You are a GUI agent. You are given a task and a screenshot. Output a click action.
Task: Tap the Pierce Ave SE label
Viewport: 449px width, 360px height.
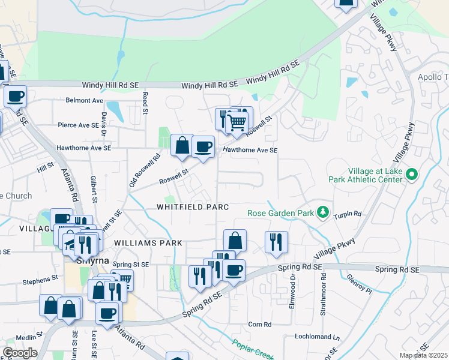point(77,125)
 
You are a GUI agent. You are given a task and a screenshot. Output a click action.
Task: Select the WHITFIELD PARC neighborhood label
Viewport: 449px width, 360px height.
point(193,207)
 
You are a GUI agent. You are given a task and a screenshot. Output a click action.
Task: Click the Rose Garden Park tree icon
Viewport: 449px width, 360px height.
point(323,212)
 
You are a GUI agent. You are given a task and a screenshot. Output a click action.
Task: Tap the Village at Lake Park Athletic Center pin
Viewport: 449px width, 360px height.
point(411,175)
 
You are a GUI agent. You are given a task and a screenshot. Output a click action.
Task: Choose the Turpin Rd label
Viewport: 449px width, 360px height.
point(348,214)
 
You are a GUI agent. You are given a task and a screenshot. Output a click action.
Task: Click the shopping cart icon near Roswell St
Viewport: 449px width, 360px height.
point(237,122)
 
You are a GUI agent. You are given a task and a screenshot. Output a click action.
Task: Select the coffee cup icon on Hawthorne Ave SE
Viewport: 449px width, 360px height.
point(203,146)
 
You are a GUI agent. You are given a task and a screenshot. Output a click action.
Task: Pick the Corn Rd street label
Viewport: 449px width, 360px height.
point(260,325)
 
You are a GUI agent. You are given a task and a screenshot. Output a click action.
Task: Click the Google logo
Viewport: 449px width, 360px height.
point(20,353)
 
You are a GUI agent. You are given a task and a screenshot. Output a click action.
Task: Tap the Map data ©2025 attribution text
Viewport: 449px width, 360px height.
point(424,355)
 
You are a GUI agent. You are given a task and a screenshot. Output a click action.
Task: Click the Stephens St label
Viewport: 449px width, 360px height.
point(40,278)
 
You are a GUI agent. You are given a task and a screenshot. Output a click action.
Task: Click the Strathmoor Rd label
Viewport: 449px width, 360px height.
point(324,293)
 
